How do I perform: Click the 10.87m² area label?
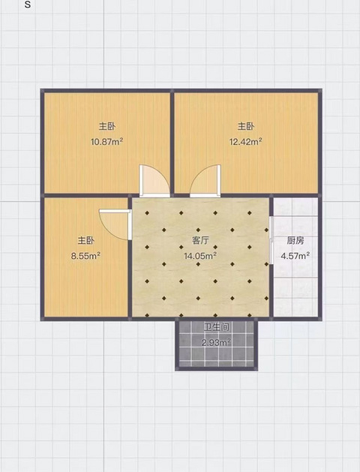pyautogui.click(x=107, y=142)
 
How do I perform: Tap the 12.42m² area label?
pyautogui.click(x=246, y=142)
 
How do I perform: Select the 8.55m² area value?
pyautogui.click(x=85, y=256)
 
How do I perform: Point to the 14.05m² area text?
pyautogui.click(x=200, y=256)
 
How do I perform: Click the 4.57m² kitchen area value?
pyautogui.click(x=295, y=256)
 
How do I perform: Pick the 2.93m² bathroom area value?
pyautogui.click(x=216, y=342)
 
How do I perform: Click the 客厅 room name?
pyautogui.click(x=200, y=241)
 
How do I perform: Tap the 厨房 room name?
pyautogui.click(x=295, y=241)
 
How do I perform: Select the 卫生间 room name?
pyautogui.click(x=217, y=327)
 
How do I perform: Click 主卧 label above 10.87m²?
pyautogui.click(x=107, y=126)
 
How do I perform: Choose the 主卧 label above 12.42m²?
pyautogui.click(x=246, y=126)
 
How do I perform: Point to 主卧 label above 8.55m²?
pyautogui.click(x=86, y=241)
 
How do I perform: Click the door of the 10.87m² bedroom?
pyautogui.click(x=154, y=181)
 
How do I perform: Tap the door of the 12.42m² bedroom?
pyautogui.click(x=205, y=181)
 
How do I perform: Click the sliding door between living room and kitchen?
pyautogui.click(x=271, y=240)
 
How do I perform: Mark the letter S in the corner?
pyautogui.click(x=27, y=5)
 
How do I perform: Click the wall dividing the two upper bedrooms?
pyautogui.click(x=172, y=143)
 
